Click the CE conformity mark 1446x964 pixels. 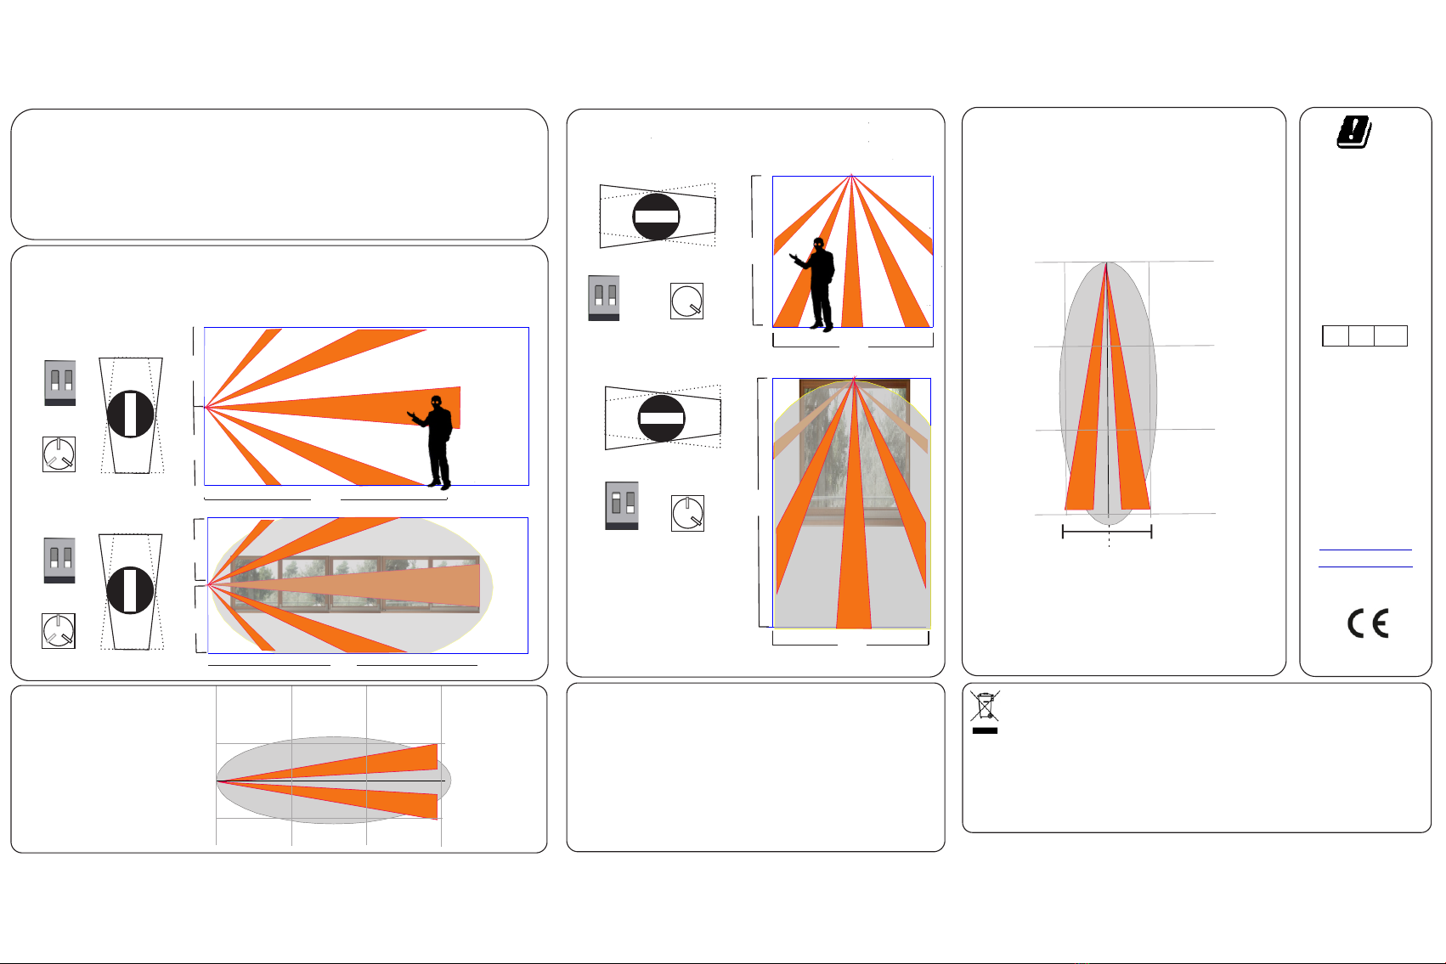[1367, 623]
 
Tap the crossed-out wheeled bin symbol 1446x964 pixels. [985, 705]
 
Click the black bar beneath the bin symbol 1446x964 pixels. [985, 730]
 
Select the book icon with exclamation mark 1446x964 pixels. [1354, 132]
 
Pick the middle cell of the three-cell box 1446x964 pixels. [1361, 335]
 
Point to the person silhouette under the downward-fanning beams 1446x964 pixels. [815, 284]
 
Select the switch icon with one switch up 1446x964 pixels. [622, 506]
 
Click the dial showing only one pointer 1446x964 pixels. [686, 301]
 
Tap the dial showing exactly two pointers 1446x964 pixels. [687, 514]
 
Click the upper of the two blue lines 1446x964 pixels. [1365, 550]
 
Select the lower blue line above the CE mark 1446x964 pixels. [1365, 567]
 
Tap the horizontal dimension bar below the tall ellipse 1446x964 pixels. [1107, 532]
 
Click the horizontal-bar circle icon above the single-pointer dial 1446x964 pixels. [656, 217]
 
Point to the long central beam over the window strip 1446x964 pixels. [348, 584]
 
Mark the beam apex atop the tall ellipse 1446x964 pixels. [1106, 263]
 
